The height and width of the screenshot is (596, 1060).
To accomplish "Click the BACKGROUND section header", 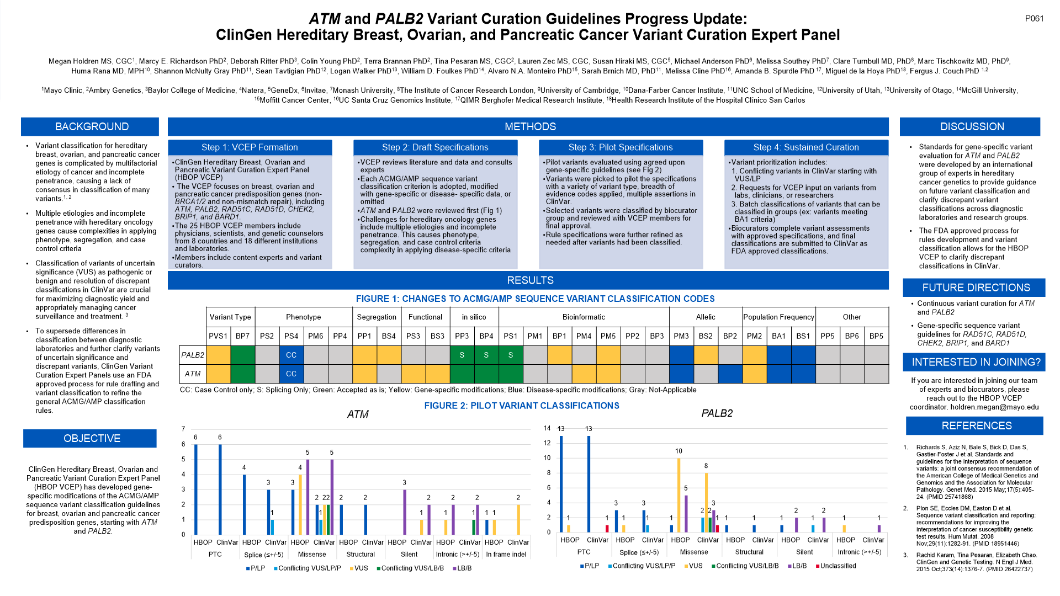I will [x=92, y=126].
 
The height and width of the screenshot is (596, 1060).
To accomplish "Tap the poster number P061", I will [x=1034, y=18].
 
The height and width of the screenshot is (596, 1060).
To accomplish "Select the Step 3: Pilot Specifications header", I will [x=621, y=147].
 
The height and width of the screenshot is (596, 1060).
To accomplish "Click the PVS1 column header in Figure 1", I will [x=218, y=336].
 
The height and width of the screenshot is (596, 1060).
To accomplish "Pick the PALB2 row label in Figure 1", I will [x=193, y=355].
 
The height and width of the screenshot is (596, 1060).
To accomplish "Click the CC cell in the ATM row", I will [x=291, y=374].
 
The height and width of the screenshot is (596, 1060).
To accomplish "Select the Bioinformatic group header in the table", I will [x=584, y=317].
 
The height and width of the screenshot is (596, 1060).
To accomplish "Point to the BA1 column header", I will [x=778, y=336].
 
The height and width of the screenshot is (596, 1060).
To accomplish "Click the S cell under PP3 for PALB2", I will [x=462, y=355].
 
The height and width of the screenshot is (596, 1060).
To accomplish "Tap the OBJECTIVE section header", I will [x=92, y=438].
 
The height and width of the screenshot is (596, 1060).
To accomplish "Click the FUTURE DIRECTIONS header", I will [x=976, y=288].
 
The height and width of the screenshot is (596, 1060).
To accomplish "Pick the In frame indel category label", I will [x=506, y=555].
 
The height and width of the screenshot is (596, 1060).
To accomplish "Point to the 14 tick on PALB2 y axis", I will [x=547, y=428].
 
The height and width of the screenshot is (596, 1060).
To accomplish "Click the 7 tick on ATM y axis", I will [x=183, y=429].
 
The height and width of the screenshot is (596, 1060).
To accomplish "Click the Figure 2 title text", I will [x=522, y=406].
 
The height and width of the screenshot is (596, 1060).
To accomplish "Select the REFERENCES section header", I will [x=976, y=425].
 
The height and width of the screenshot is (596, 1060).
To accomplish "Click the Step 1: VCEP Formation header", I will [x=250, y=147].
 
